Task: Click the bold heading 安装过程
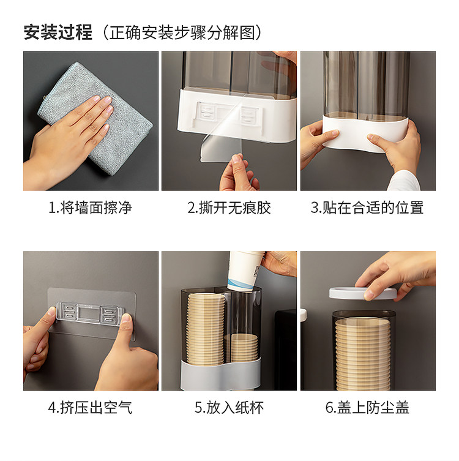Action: click(x=58, y=32)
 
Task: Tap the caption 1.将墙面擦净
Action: click(x=91, y=208)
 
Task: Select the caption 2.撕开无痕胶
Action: click(x=229, y=208)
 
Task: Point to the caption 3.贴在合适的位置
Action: click(x=367, y=208)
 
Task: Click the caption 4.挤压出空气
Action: click(x=91, y=408)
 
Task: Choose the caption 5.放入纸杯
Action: click(x=229, y=408)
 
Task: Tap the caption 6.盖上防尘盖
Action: click(x=367, y=408)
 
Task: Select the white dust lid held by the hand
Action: click(x=362, y=293)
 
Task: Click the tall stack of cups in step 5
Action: click(x=206, y=329)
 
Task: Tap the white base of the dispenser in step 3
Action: click(x=365, y=132)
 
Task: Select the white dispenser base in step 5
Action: click(x=220, y=374)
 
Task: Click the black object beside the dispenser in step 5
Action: click(x=285, y=350)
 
